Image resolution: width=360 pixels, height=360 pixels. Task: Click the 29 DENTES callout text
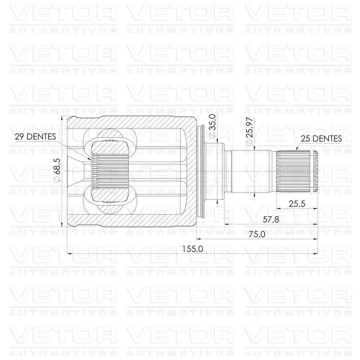pyautogui.click(x=36, y=137)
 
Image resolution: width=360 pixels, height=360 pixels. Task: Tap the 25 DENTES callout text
pyautogui.click(x=321, y=139)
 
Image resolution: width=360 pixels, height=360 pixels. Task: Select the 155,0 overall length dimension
pyautogui.click(x=193, y=249)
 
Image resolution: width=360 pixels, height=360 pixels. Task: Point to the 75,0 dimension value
pyautogui.click(x=257, y=234)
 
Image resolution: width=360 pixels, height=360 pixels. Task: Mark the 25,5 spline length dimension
pyautogui.click(x=297, y=204)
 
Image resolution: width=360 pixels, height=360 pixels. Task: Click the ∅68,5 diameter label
pyautogui.click(x=57, y=170)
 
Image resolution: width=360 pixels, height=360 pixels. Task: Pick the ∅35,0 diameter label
pyautogui.click(x=212, y=126)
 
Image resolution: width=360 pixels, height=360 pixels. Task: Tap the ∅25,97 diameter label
pyautogui.click(x=249, y=131)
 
